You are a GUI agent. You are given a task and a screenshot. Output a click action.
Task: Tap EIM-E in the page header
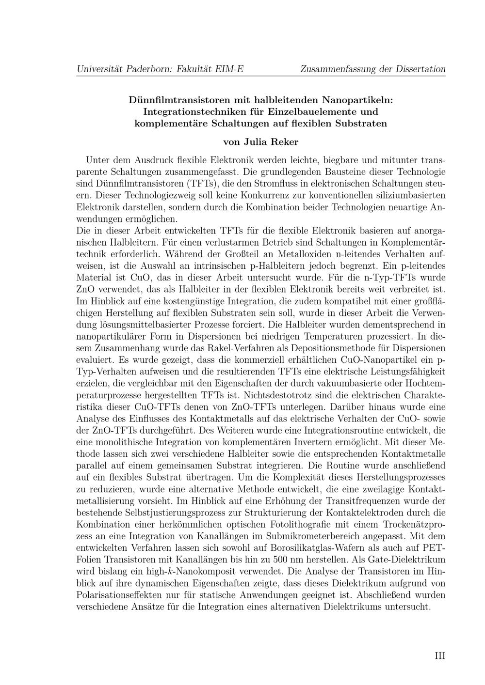(x=229, y=69)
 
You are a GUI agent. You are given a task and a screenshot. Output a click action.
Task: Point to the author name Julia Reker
(x=275, y=142)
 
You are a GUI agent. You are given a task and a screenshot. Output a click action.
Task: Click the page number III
(x=440, y=656)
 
